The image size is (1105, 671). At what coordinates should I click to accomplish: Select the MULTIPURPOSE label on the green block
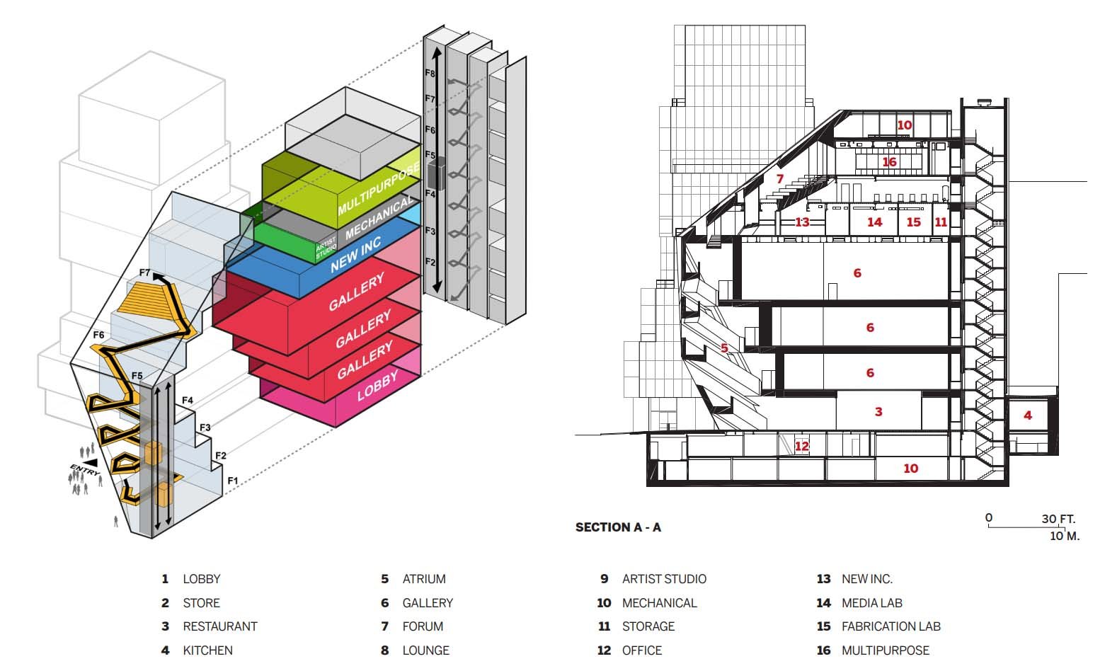pyautogui.click(x=379, y=188)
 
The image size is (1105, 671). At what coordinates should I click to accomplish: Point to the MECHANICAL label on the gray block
pyautogui.click(x=378, y=217)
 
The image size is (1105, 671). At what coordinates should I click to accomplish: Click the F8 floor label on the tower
pyautogui.click(x=430, y=73)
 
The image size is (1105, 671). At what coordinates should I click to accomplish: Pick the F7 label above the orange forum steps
pyautogui.click(x=145, y=273)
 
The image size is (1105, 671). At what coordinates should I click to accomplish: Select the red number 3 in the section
pyautogui.click(x=878, y=412)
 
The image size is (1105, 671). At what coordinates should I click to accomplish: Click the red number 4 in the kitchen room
pyautogui.click(x=1028, y=415)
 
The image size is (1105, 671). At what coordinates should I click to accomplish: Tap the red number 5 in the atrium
pyautogui.click(x=724, y=348)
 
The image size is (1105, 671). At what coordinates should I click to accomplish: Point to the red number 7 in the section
pyautogui.click(x=780, y=179)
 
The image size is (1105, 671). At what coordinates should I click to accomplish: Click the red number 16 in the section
pyautogui.click(x=889, y=162)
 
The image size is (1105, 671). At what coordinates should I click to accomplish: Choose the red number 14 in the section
pyautogui.click(x=875, y=222)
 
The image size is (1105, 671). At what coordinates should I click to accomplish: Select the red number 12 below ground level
pyautogui.click(x=801, y=446)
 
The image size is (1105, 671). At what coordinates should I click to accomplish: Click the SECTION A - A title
pyautogui.click(x=618, y=527)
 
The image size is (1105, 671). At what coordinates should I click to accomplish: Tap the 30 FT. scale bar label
pyautogui.click(x=1058, y=519)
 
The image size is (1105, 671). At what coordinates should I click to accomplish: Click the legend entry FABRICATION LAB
pyautogui.click(x=891, y=626)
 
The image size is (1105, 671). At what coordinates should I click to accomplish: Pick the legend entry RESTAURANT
pyautogui.click(x=219, y=626)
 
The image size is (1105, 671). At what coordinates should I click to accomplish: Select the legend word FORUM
pyautogui.click(x=423, y=626)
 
